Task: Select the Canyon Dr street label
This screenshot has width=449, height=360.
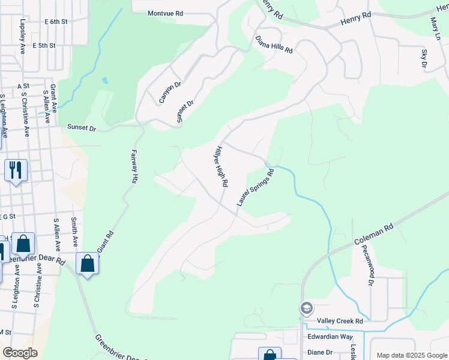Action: [170, 93]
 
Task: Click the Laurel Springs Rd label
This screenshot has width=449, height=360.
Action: [255, 188]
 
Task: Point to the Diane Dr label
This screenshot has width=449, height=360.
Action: [320, 352]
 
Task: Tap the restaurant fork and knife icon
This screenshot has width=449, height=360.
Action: [16, 170]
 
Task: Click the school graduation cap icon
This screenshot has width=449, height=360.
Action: [307, 308]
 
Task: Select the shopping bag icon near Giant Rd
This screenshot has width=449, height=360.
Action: [88, 263]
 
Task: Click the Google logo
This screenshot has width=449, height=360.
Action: [20, 352]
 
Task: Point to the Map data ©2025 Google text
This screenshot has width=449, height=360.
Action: [411, 355]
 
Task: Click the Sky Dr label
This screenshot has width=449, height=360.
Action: [424, 59]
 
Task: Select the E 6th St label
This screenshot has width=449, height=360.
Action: [56, 22]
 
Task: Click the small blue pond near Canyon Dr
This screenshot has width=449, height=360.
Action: [106, 80]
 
